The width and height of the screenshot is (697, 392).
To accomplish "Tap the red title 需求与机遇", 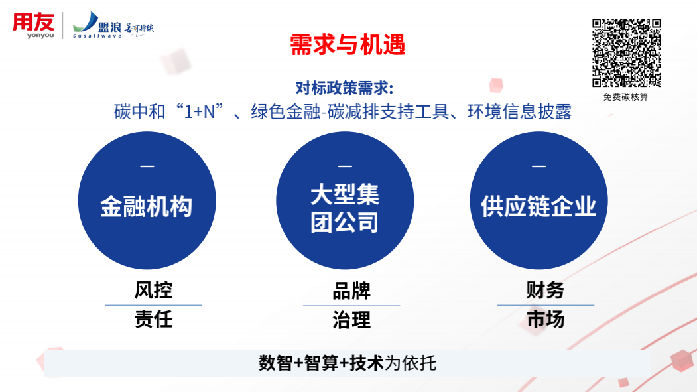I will pos(348,44).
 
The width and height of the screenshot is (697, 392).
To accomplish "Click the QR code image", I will pos(626,53).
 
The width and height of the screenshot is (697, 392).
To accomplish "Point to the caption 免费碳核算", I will pos(626,97).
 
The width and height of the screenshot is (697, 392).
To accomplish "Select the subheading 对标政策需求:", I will pos(344,88).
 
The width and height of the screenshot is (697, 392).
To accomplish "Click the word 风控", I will pos(153,291).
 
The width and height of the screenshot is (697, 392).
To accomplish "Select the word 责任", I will pos(153,319).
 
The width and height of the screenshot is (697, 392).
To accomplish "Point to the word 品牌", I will pos(351,291).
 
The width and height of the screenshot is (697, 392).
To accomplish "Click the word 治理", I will pos(351,320).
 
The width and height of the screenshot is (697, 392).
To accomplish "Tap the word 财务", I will pos(545,290).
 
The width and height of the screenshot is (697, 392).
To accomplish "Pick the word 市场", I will pos(545,319).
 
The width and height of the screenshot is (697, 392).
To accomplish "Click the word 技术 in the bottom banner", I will pos(366,363).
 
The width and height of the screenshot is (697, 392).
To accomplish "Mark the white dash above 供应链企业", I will pos(539,166).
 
